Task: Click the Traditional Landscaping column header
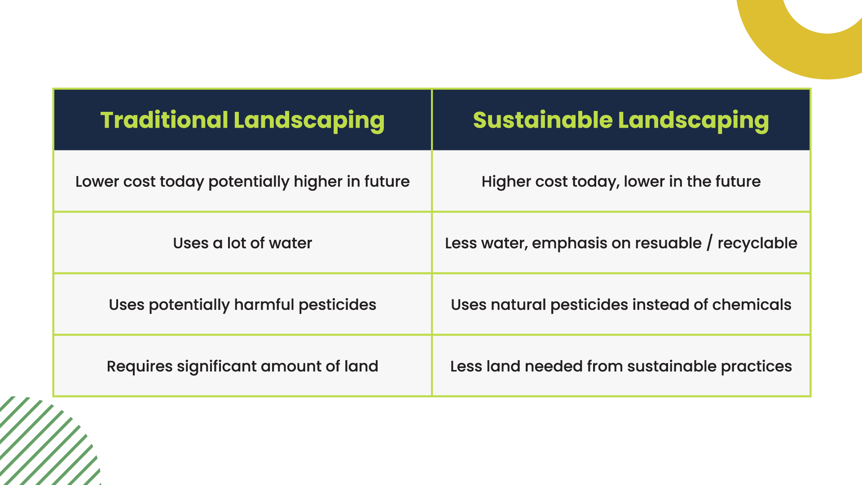click(242, 120)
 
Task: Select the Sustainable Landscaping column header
click(621, 120)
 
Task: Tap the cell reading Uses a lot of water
click(242, 243)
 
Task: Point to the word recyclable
click(757, 243)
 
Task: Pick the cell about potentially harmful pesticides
click(242, 304)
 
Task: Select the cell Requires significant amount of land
click(242, 366)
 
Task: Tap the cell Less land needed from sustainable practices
click(621, 366)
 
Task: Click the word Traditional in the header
click(164, 120)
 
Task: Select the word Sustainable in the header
click(543, 120)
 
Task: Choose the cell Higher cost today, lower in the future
click(621, 181)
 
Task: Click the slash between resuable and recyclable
click(709, 243)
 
